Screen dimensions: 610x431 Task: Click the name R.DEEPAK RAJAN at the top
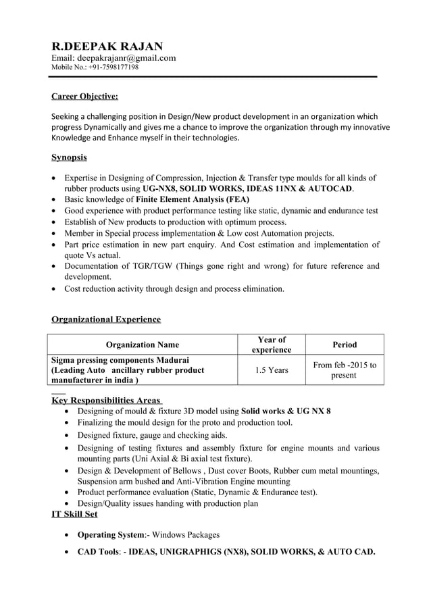tap(107, 46)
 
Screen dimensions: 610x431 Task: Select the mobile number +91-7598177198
tap(113, 68)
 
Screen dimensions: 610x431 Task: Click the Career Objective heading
tap(84, 96)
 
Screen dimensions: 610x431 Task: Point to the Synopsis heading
tap(69, 157)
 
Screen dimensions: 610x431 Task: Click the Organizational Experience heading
tap(106, 319)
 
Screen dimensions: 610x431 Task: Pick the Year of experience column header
tap(272, 345)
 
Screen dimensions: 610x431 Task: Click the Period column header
tap(345, 345)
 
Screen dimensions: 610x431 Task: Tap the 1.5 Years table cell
tap(272, 370)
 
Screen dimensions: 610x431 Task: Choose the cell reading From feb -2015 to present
tap(345, 370)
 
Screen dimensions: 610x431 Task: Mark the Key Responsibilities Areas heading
tap(106, 400)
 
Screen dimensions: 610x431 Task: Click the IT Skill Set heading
tap(74, 514)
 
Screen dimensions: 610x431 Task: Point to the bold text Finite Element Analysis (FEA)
tap(193, 200)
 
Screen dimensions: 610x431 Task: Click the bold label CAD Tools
tap(98, 552)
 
